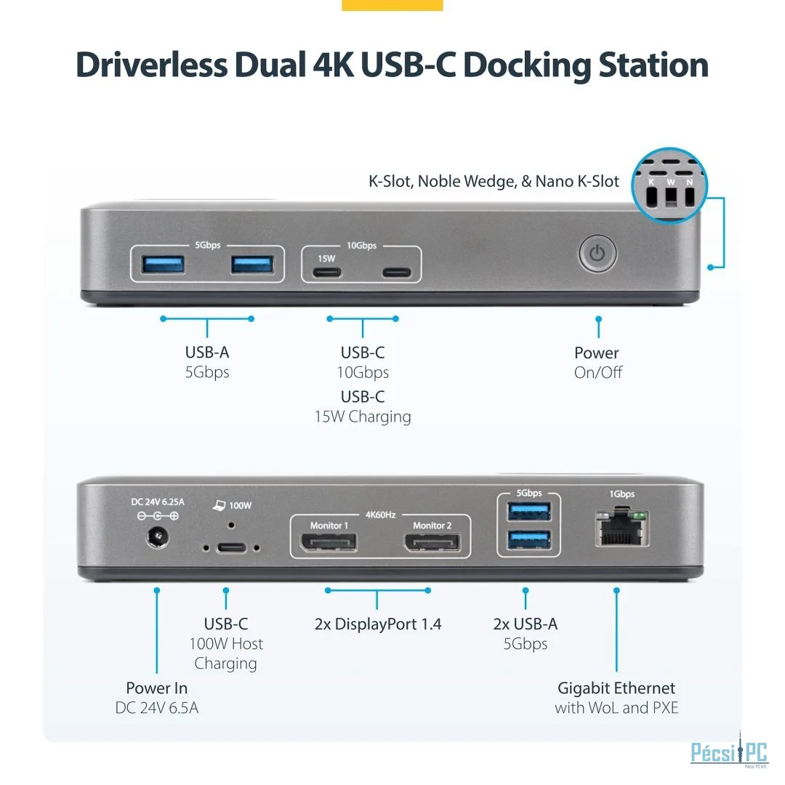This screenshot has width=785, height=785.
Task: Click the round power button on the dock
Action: pyautogui.click(x=597, y=254)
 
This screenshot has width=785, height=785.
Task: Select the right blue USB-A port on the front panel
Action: pyautogui.click(x=252, y=264)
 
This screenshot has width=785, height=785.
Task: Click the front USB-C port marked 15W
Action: pyautogui.click(x=326, y=273)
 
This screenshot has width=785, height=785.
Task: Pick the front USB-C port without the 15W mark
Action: pyautogui.click(x=396, y=273)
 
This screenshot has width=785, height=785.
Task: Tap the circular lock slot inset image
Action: pyautogui.click(x=669, y=186)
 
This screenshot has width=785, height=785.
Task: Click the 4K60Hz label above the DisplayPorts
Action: pyautogui.click(x=380, y=515)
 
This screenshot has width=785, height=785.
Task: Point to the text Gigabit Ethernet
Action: pyautogui.click(x=616, y=688)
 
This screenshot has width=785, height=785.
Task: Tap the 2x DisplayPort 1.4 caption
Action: pyautogui.click(x=378, y=624)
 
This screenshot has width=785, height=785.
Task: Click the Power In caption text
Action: pyautogui.click(x=156, y=688)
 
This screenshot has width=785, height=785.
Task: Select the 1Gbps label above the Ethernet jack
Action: pyautogui.click(x=621, y=494)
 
